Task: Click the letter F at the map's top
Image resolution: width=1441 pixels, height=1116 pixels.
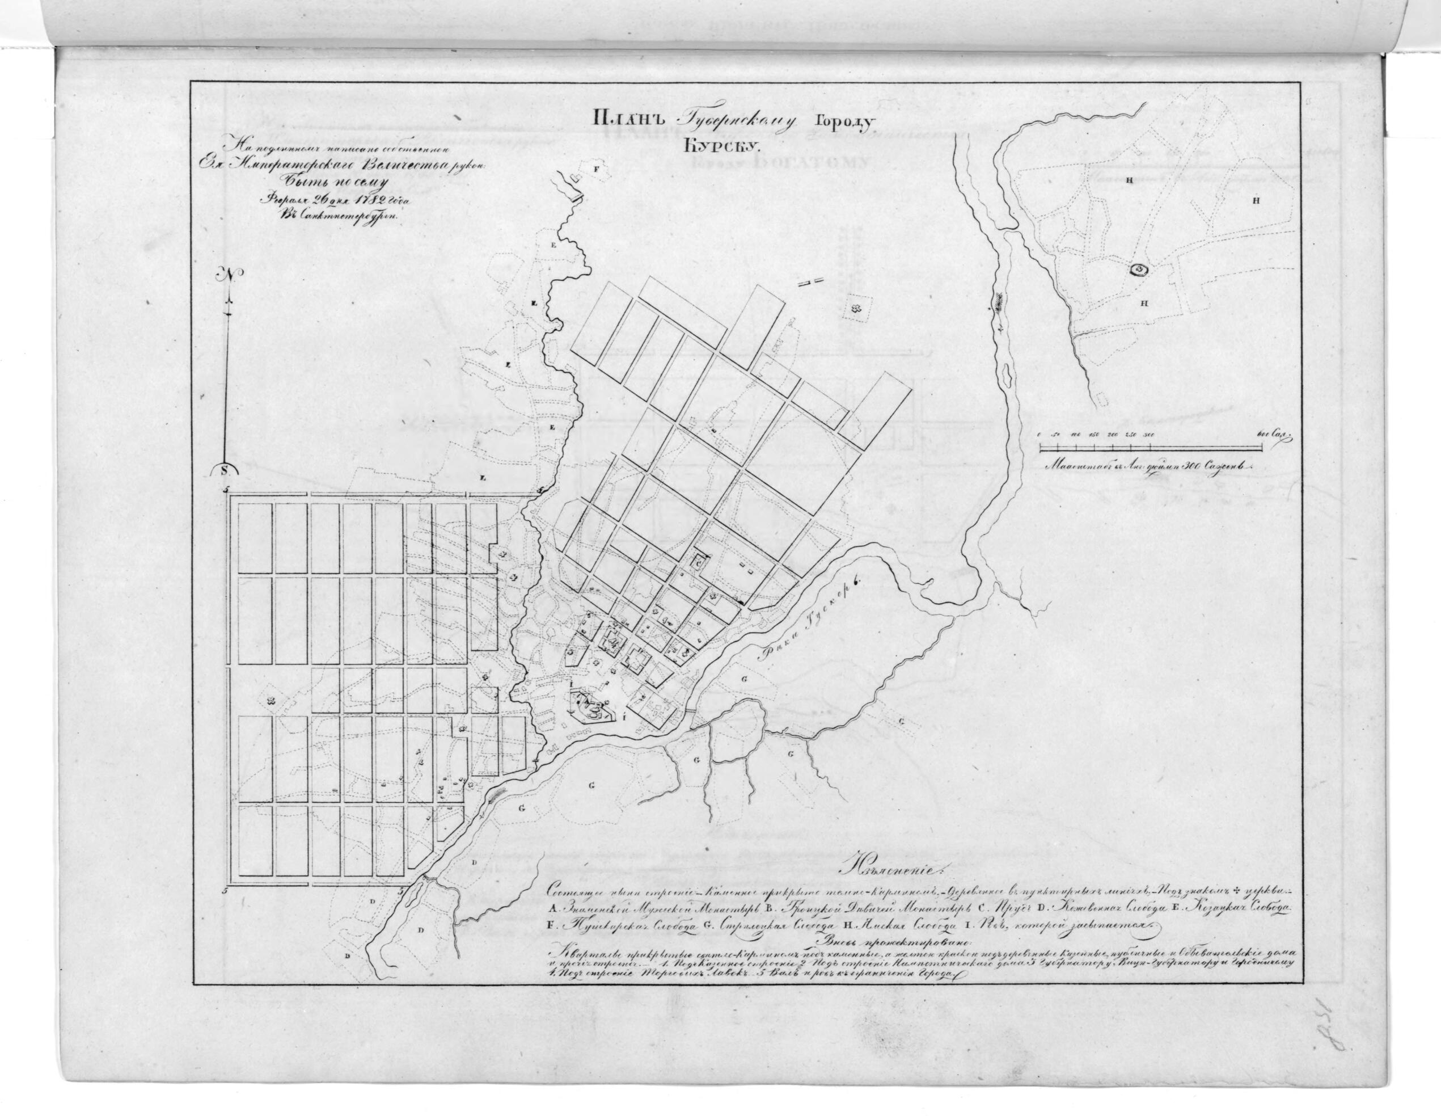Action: point(597,170)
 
